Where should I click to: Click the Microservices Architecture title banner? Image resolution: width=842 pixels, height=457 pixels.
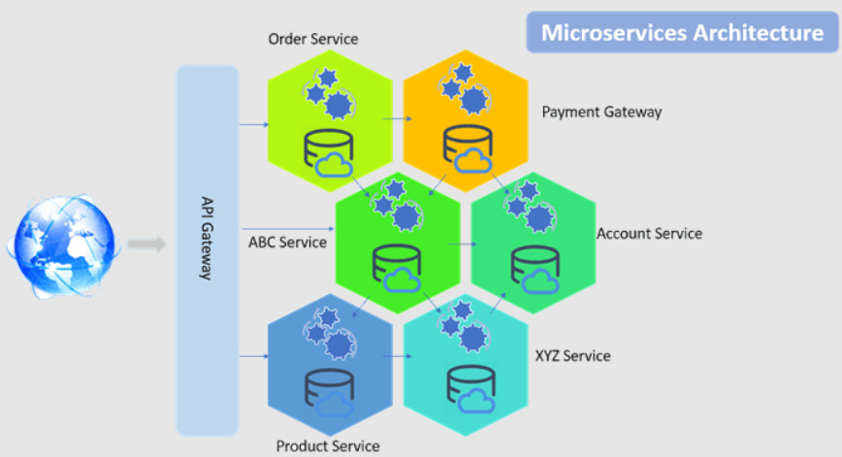click(681, 32)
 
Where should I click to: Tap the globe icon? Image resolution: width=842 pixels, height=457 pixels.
click(64, 242)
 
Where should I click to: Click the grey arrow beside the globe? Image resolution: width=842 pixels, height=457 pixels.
click(146, 244)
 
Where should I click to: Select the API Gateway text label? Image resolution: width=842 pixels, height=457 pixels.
click(207, 238)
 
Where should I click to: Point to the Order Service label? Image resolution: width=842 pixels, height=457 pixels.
click(312, 40)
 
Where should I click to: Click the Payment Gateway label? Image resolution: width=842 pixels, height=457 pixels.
click(601, 112)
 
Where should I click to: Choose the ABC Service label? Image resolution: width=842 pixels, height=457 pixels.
click(287, 242)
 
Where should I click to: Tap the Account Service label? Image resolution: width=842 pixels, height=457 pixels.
click(649, 234)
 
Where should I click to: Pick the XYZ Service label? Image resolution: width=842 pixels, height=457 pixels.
click(572, 356)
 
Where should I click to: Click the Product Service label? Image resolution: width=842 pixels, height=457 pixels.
click(327, 446)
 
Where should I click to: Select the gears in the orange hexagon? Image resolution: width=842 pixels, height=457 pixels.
click(462, 85)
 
